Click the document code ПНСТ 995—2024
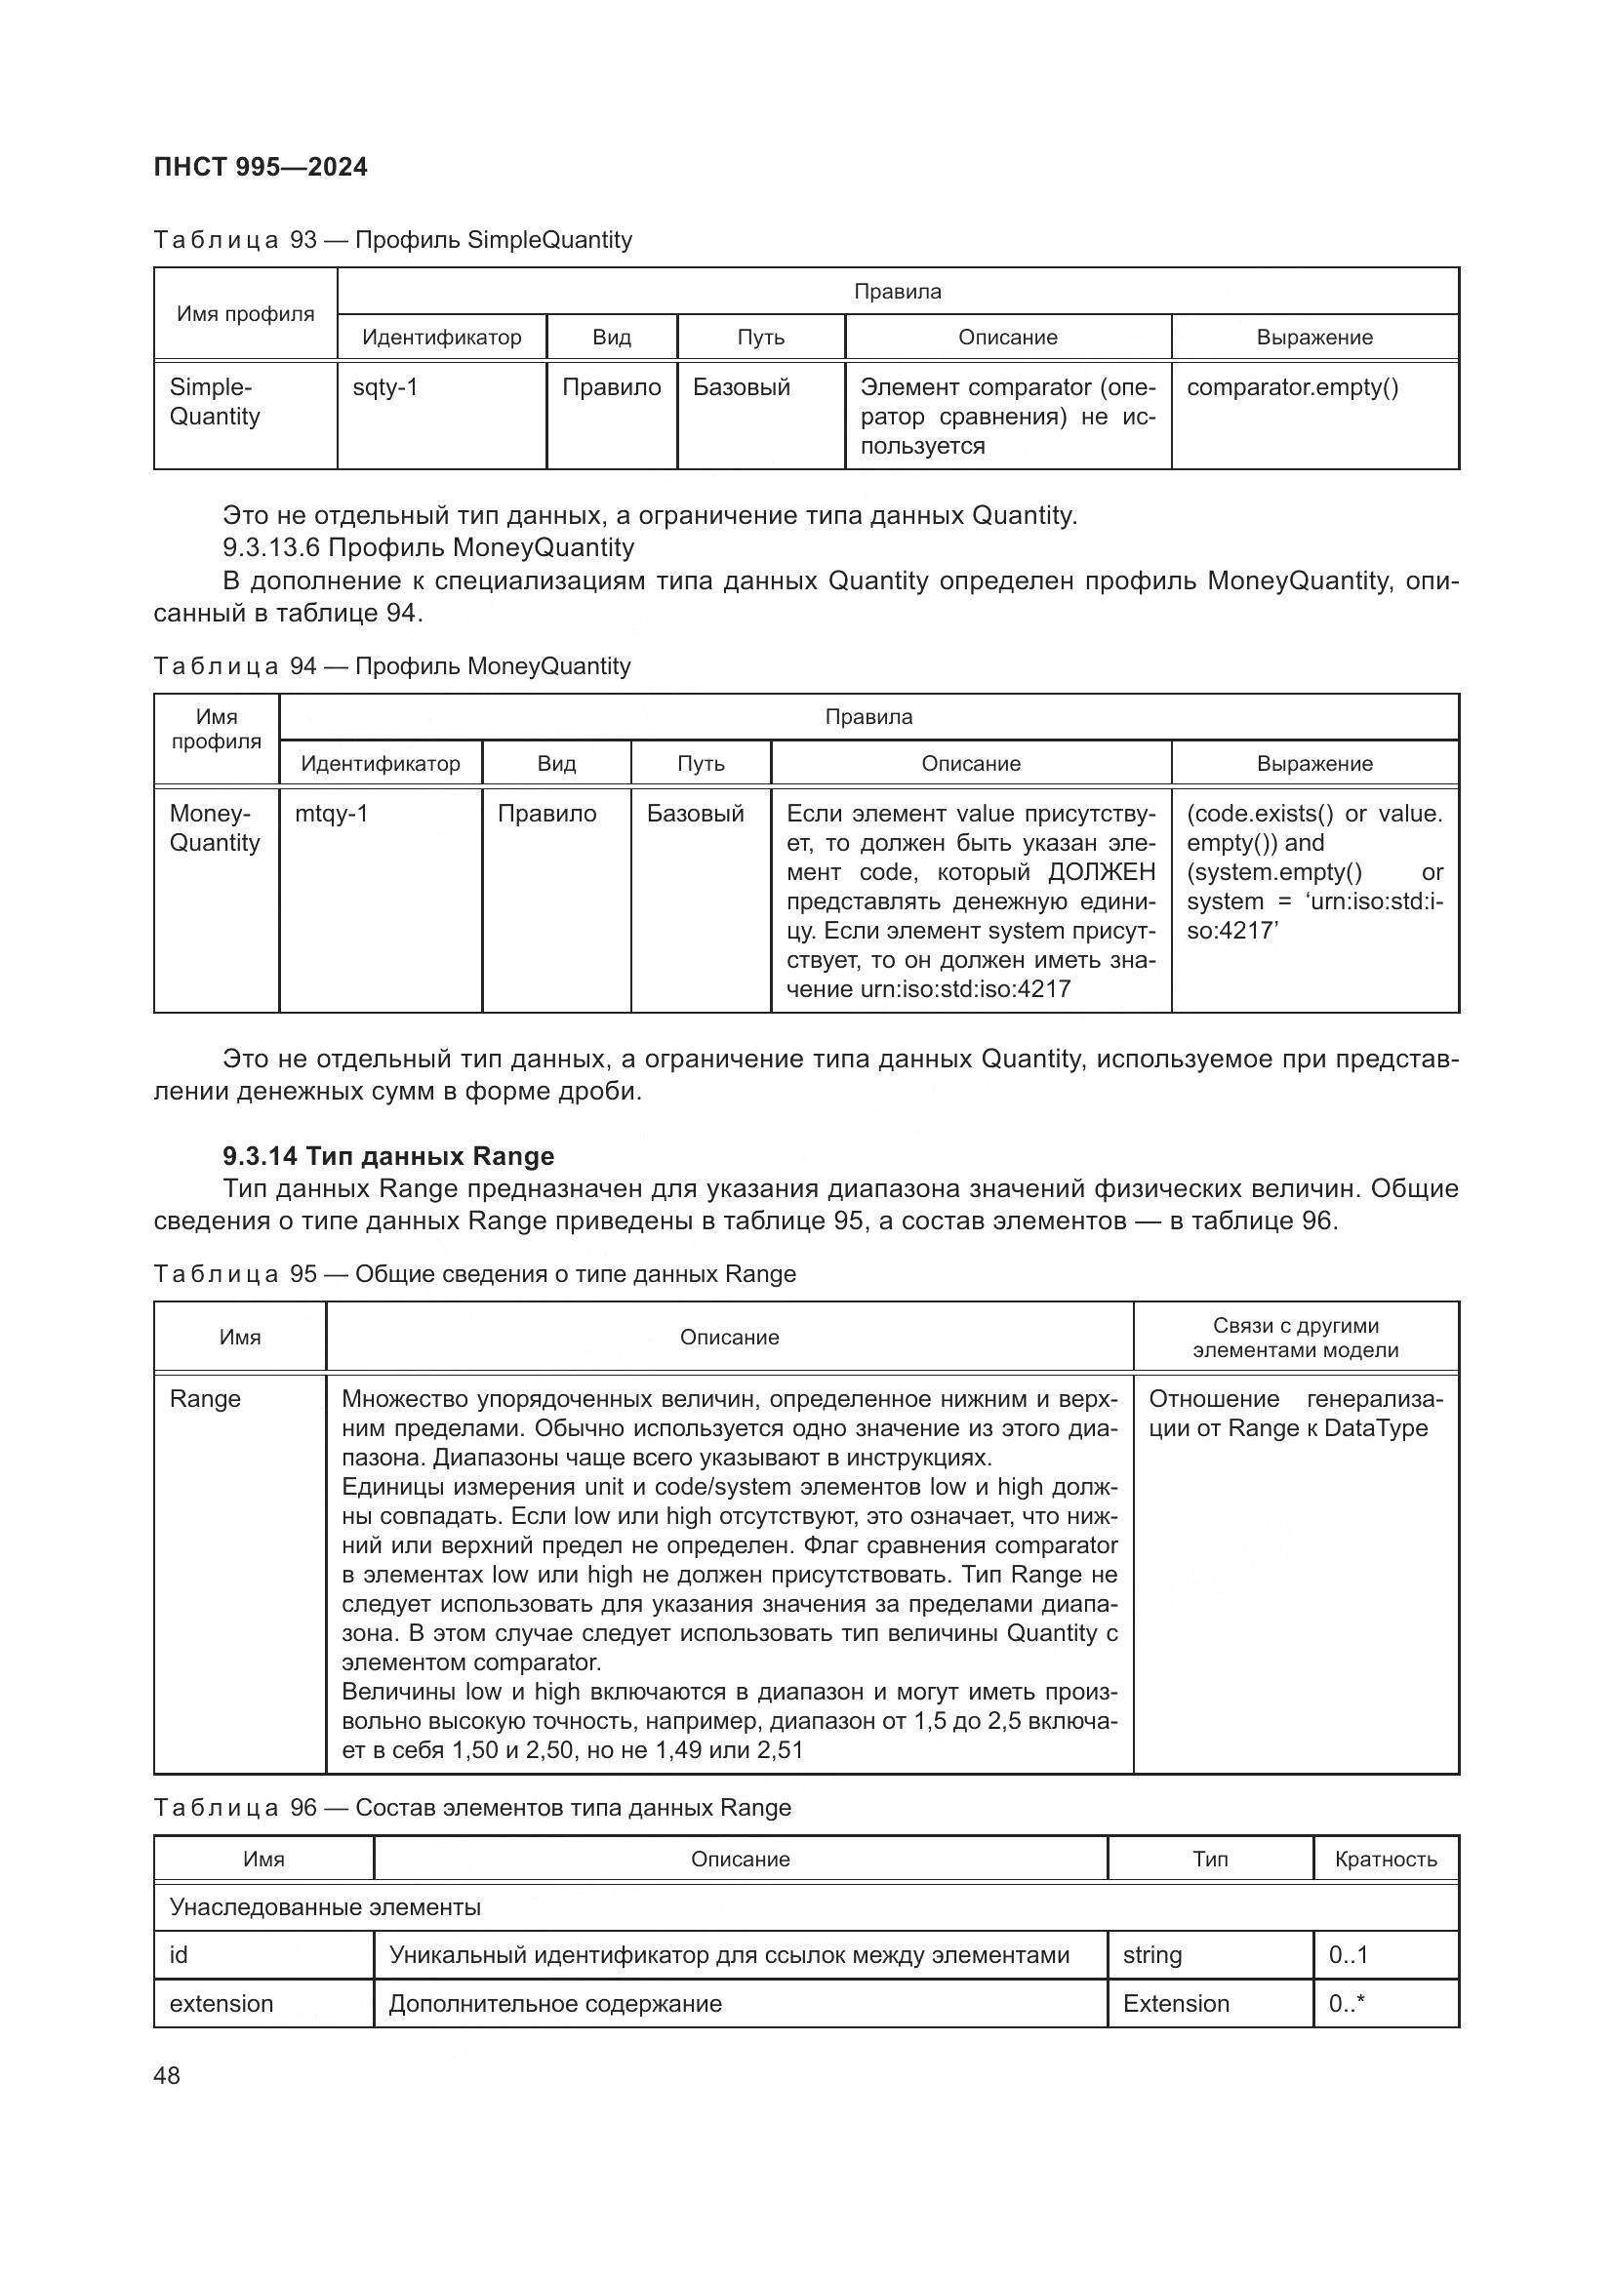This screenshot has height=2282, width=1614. tap(261, 167)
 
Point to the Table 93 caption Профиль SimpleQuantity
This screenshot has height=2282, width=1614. tap(392, 241)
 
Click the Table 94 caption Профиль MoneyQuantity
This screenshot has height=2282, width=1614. tap(391, 666)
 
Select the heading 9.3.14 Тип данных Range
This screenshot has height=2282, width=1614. tap(388, 1156)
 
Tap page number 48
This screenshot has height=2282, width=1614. tap(167, 2075)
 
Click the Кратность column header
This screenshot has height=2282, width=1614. tap(1386, 1860)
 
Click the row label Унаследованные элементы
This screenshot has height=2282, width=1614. tap(325, 1907)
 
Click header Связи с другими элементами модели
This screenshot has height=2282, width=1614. tap(1295, 1338)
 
